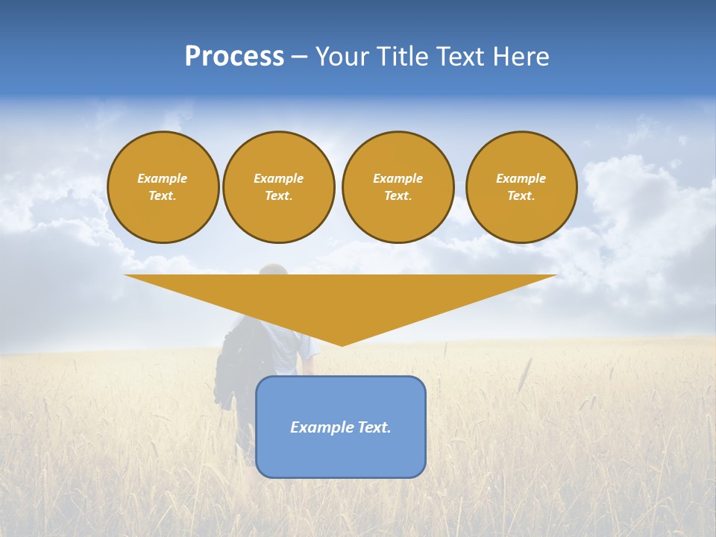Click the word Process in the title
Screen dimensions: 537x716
tap(234, 57)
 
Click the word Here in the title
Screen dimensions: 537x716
tap(523, 57)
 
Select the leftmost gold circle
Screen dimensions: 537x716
tap(163, 187)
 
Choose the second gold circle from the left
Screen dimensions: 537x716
tap(279, 187)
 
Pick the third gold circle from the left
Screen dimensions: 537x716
tap(398, 187)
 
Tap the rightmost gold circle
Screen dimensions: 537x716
tap(521, 187)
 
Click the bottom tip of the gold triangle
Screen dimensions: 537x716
tap(342, 345)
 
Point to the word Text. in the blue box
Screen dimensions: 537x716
tap(374, 427)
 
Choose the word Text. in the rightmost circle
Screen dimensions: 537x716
tap(521, 196)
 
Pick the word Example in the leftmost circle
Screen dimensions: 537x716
tap(163, 178)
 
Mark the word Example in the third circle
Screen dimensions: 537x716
tap(398, 178)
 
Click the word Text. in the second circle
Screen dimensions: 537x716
tap(279, 196)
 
